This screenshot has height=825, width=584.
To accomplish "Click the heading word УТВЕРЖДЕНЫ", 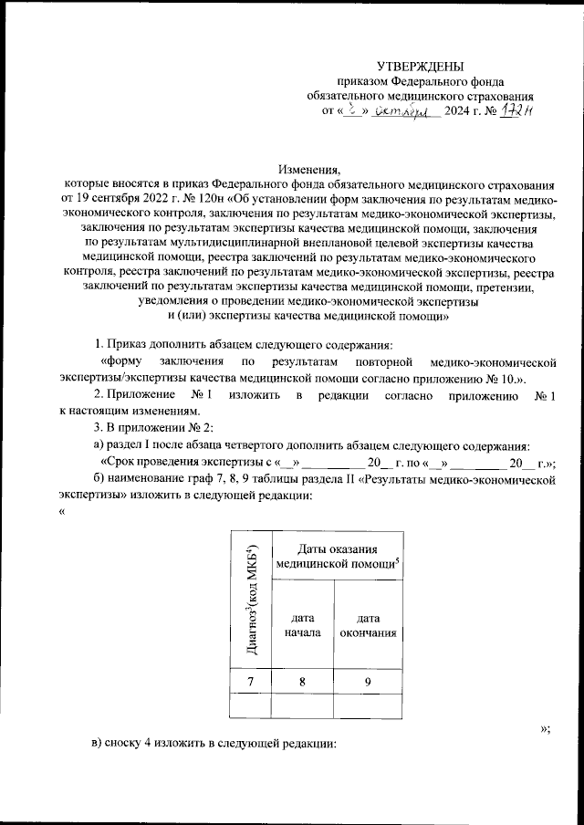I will coord(421,66).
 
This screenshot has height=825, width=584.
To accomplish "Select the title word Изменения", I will coord(309,169).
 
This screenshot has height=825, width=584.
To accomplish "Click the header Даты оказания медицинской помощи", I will coord(339,555).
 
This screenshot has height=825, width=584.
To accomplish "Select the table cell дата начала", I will coord(302,624).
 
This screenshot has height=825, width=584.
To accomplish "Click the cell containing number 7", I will coord(252,680).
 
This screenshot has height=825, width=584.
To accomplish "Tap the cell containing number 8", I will coord(302,680).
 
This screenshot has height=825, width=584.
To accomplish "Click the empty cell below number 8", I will coord(302,705).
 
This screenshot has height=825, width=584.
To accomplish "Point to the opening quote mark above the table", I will coord(61,511).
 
